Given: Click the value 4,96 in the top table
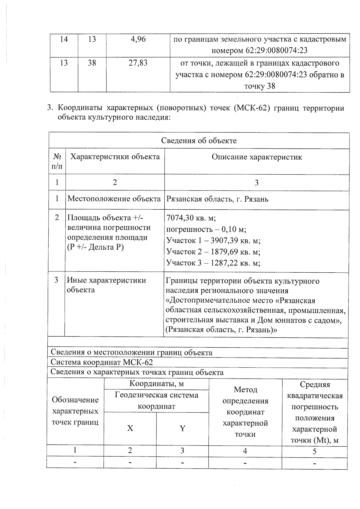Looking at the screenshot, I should coord(138,39).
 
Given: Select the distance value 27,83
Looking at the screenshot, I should coord(138,63).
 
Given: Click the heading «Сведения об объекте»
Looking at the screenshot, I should coord(199,141).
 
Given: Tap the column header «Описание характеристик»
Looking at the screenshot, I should coord(257,157).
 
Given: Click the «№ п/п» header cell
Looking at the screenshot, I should coord(57,161).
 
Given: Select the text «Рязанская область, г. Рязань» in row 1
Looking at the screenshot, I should coord(217,199).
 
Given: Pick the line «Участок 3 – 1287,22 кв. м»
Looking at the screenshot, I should coord(213,263).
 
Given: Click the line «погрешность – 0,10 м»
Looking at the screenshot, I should coord(206,230).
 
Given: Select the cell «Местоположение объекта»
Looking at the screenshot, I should coord(114,199).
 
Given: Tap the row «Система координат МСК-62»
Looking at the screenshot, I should coord(102,362).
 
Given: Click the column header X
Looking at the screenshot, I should coord(130,428).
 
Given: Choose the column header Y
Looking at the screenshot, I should coord(182,428).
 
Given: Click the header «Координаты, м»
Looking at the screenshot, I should coord(156,384).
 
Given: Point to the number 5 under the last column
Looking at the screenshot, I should coord(314,451).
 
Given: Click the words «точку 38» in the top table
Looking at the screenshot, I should coord(260,86).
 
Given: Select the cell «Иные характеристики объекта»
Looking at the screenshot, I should coord(106,285).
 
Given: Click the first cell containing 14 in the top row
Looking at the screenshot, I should coord(64,39).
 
